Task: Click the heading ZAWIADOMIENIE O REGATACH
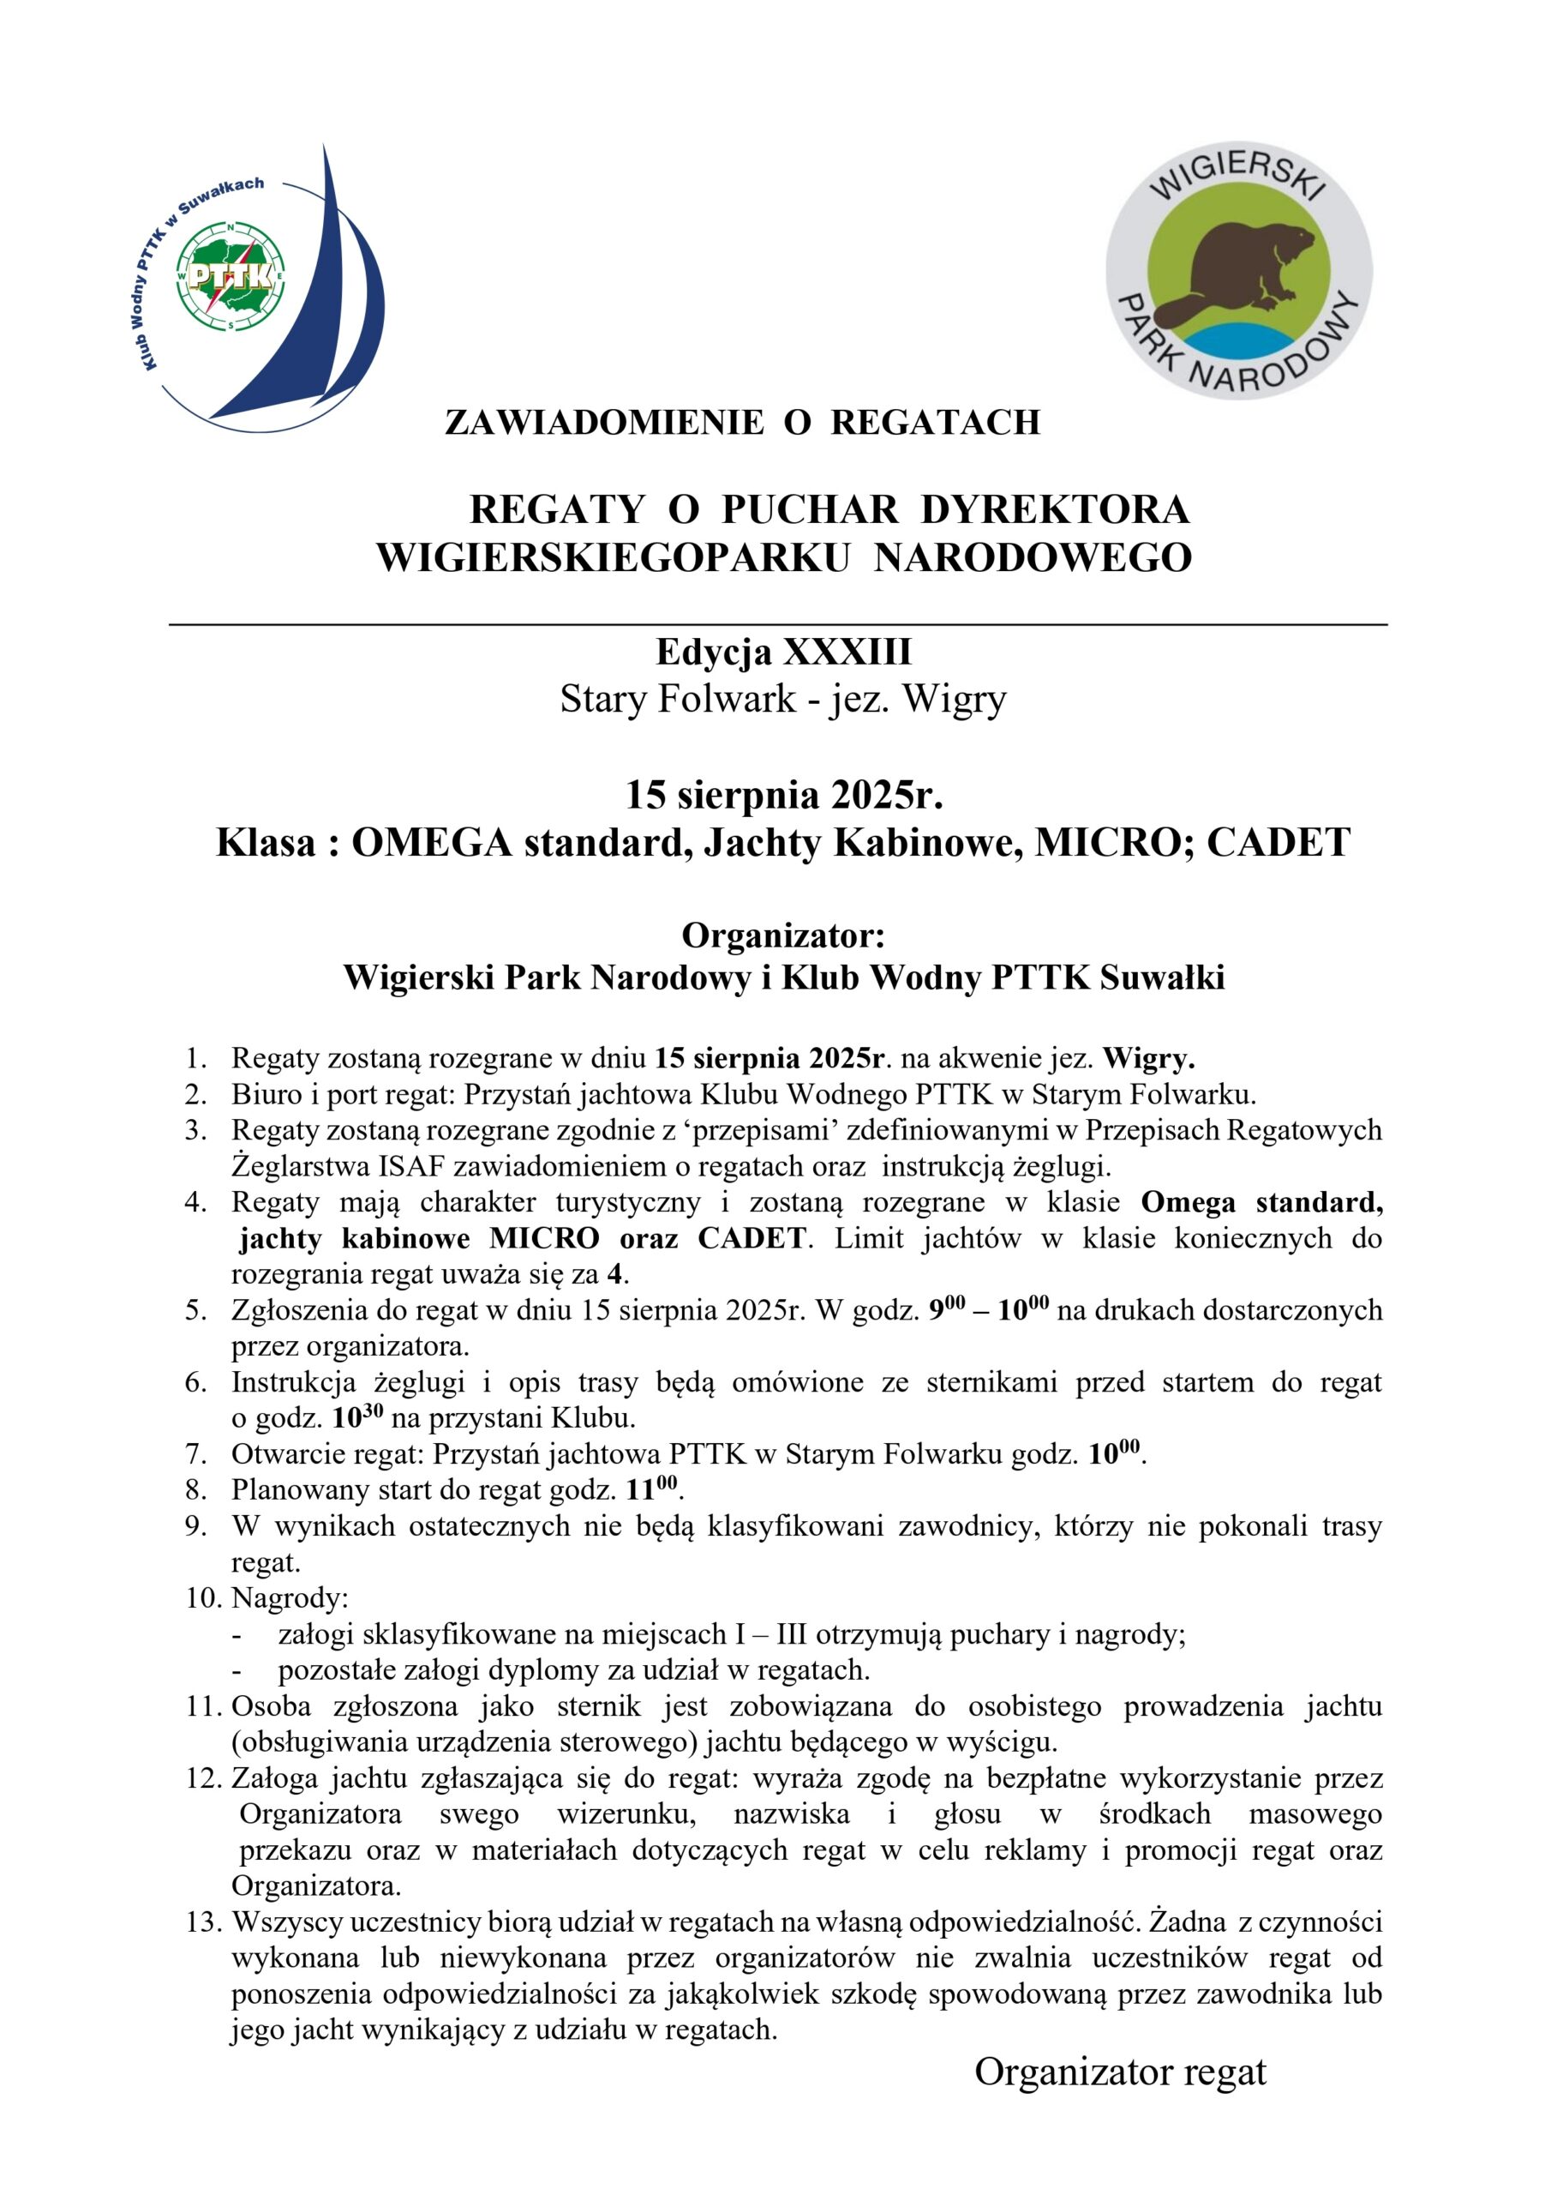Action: coord(741,423)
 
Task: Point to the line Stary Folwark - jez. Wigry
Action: coord(782,699)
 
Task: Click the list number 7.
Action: coord(196,1455)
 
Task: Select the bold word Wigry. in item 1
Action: coord(1148,1058)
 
